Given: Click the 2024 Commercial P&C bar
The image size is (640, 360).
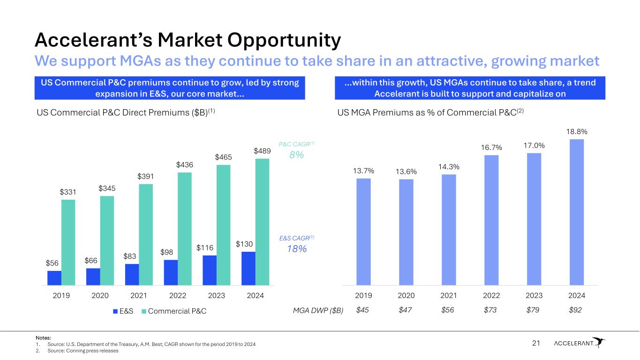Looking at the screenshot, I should (263, 221).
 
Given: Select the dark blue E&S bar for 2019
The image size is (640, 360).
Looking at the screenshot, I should (54, 277).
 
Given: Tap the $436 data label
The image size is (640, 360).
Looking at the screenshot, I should (185, 165).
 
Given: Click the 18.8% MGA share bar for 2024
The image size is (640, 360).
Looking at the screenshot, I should (577, 212).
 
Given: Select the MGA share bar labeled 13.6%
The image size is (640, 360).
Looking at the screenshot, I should (406, 232).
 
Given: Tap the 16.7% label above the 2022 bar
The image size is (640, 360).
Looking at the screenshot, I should (491, 148).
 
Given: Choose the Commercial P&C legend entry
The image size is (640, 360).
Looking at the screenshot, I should (173, 311).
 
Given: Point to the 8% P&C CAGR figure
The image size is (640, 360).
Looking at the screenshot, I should (296, 155).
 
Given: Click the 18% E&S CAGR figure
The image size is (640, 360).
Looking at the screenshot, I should (296, 249).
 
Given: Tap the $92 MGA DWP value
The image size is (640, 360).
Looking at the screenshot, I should (575, 310).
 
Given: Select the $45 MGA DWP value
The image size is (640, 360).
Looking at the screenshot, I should (362, 310).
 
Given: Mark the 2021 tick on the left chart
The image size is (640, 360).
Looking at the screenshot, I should (139, 296).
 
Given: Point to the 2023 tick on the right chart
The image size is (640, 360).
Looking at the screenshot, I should (534, 296).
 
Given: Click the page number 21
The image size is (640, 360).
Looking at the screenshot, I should (536, 344).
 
